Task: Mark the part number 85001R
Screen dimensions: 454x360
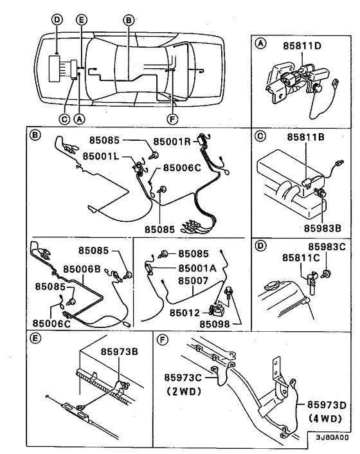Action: pos(175,142)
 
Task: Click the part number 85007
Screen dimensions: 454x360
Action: pos(193,280)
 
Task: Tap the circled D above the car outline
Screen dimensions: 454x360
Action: pos(57,20)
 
